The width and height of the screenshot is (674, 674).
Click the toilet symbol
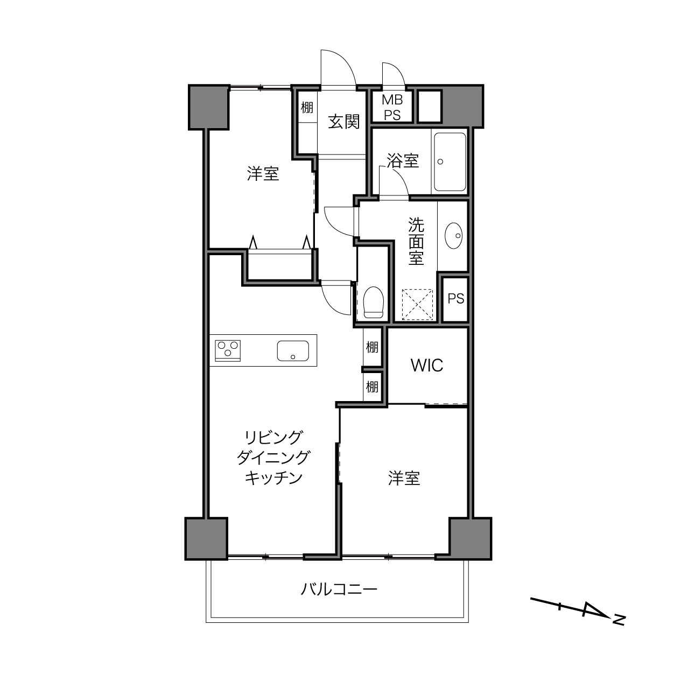pos(374,302)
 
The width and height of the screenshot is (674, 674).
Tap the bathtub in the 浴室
pos(450,162)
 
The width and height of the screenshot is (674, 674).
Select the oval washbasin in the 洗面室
pos(453,236)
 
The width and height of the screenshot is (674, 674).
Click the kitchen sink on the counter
pos(293,351)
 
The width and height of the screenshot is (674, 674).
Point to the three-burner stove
pos(228,350)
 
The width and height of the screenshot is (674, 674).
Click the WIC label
pos(427,366)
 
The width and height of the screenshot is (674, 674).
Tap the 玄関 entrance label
pos(344,122)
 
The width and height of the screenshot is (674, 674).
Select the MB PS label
pos(392,107)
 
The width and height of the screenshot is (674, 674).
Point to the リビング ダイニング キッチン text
pos(273,458)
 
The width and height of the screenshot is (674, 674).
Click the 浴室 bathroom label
pos(403,161)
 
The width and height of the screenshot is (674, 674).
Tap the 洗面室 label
pos(416,242)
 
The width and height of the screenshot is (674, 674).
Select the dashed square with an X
pos(418,304)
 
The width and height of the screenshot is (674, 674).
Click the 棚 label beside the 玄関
pos(307,107)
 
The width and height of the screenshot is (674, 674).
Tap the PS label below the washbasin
pos(456,299)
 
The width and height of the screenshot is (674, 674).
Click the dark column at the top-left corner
pos(209,107)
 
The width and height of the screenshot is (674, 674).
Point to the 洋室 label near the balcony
pos(404,478)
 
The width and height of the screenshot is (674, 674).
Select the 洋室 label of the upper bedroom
pos(263,174)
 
